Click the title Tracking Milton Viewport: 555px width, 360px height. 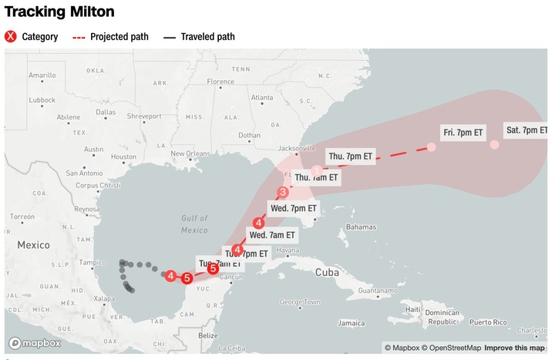click(x=59, y=12)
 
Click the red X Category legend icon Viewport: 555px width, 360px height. click(x=12, y=36)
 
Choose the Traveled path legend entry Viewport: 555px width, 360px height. click(x=199, y=36)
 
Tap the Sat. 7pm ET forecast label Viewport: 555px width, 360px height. click(x=526, y=130)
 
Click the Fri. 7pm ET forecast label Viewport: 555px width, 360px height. click(x=463, y=133)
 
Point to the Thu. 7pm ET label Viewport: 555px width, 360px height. click(x=350, y=156)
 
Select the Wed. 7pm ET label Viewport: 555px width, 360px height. click(x=294, y=208)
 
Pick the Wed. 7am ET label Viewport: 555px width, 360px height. click(x=272, y=234)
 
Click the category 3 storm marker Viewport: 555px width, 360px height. click(x=283, y=192)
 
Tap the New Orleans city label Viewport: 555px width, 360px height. click(x=190, y=153)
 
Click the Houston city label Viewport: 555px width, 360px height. click(x=123, y=156)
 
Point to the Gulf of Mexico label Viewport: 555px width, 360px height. click(x=194, y=224)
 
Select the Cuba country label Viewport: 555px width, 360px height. click(x=328, y=271)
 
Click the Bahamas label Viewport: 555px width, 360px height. click(x=360, y=227)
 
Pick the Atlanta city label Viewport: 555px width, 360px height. click(x=262, y=98)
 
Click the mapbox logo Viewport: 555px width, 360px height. click(x=31, y=343)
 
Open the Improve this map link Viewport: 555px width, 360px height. click(x=514, y=348)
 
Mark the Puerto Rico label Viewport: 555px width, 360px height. click(x=489, y=321)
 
